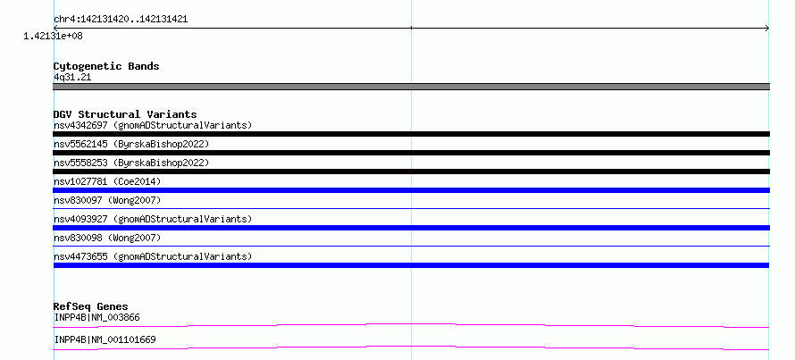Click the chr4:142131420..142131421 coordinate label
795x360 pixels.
coord(121,20)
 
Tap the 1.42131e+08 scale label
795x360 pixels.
coord(54,36)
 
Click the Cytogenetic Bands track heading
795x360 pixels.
coord(106,66)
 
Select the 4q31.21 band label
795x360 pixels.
coord(72,77)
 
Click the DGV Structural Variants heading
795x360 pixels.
coord(125,114)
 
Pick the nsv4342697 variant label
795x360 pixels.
coord(153,125)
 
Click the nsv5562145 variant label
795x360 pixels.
coord(131,144)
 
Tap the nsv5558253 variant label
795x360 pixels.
coord(131,163)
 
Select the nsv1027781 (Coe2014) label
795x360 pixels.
coord(107,181)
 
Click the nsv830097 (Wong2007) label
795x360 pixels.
coord(107,200)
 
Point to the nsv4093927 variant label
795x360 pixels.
coord(153,219)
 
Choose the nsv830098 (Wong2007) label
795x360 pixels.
coord(107,238)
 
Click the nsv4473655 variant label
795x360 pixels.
coord(153,256)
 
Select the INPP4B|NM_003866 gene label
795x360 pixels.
coord(96,318)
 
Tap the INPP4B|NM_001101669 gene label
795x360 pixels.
coord(105,339)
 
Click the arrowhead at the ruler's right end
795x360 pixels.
coord(767,29)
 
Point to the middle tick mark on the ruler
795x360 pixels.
coord(411,28)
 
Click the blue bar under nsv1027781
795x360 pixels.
coord(411,190)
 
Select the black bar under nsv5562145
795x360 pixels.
coord(411,153)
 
